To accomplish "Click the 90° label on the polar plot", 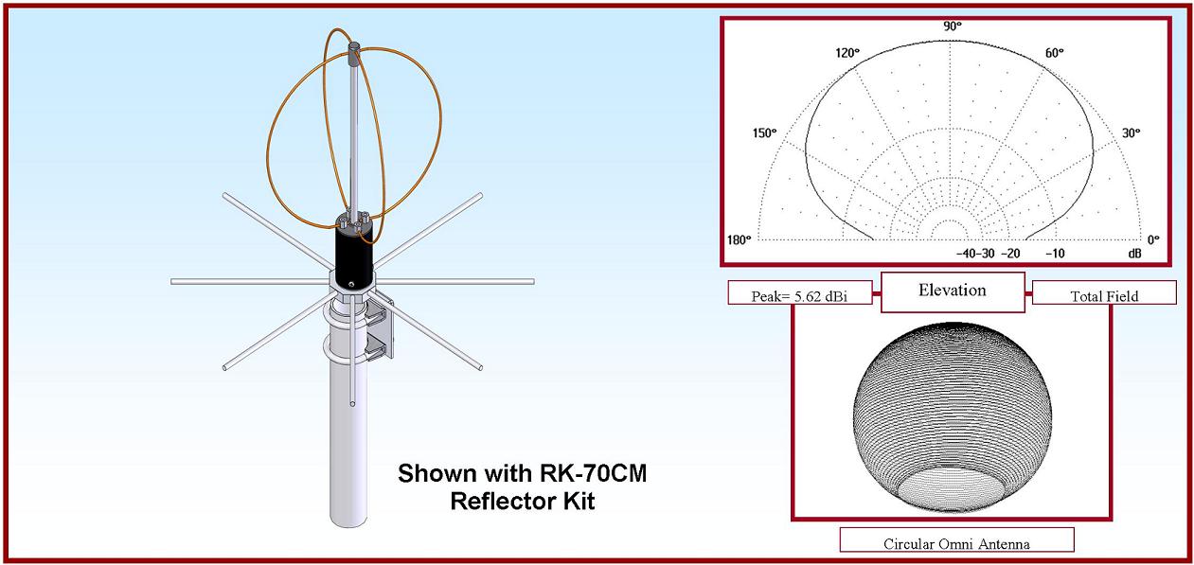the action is (953, 26).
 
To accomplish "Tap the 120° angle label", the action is (847, 53).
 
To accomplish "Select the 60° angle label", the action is (1055, 53).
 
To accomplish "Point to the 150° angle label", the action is (764, 133).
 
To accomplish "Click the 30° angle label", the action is (1132, 133).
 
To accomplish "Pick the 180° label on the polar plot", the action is (739, 240).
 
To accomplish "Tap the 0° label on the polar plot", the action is (1153, 240).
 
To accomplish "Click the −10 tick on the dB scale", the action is (1055, 254).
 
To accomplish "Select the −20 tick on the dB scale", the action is (1010, 254).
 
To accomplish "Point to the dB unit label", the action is (1135, 254).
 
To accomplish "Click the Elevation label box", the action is (953, 291).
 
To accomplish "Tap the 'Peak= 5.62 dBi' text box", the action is (799, 293).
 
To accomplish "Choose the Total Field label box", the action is (1104, 293).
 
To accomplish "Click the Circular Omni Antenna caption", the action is (956, 540).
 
